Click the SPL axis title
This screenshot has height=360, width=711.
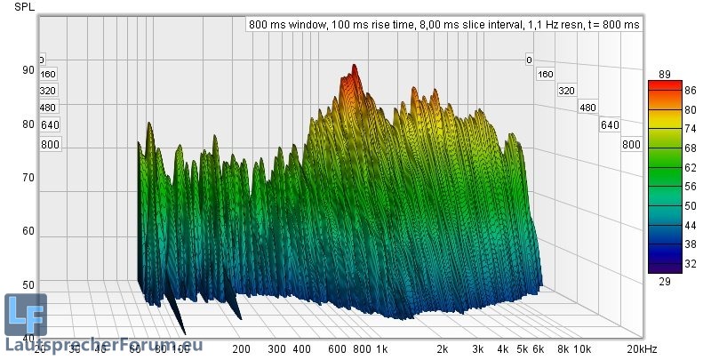[24, 7]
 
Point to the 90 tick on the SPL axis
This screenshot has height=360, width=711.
[28, 70]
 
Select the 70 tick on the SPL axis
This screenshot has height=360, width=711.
[28, 178]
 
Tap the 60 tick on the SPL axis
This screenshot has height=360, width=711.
[28, 231]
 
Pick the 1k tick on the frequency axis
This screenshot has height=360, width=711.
[381, 348]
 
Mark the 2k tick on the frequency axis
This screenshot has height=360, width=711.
[442, 348]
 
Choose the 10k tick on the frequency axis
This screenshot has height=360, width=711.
[580, 348]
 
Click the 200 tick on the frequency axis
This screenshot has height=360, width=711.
[241, 348]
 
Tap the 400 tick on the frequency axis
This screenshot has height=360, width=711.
[301, 348]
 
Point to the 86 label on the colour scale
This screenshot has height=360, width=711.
[665, 91]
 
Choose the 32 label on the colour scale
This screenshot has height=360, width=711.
[665, 263]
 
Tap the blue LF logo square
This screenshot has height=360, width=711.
[26, 313]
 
